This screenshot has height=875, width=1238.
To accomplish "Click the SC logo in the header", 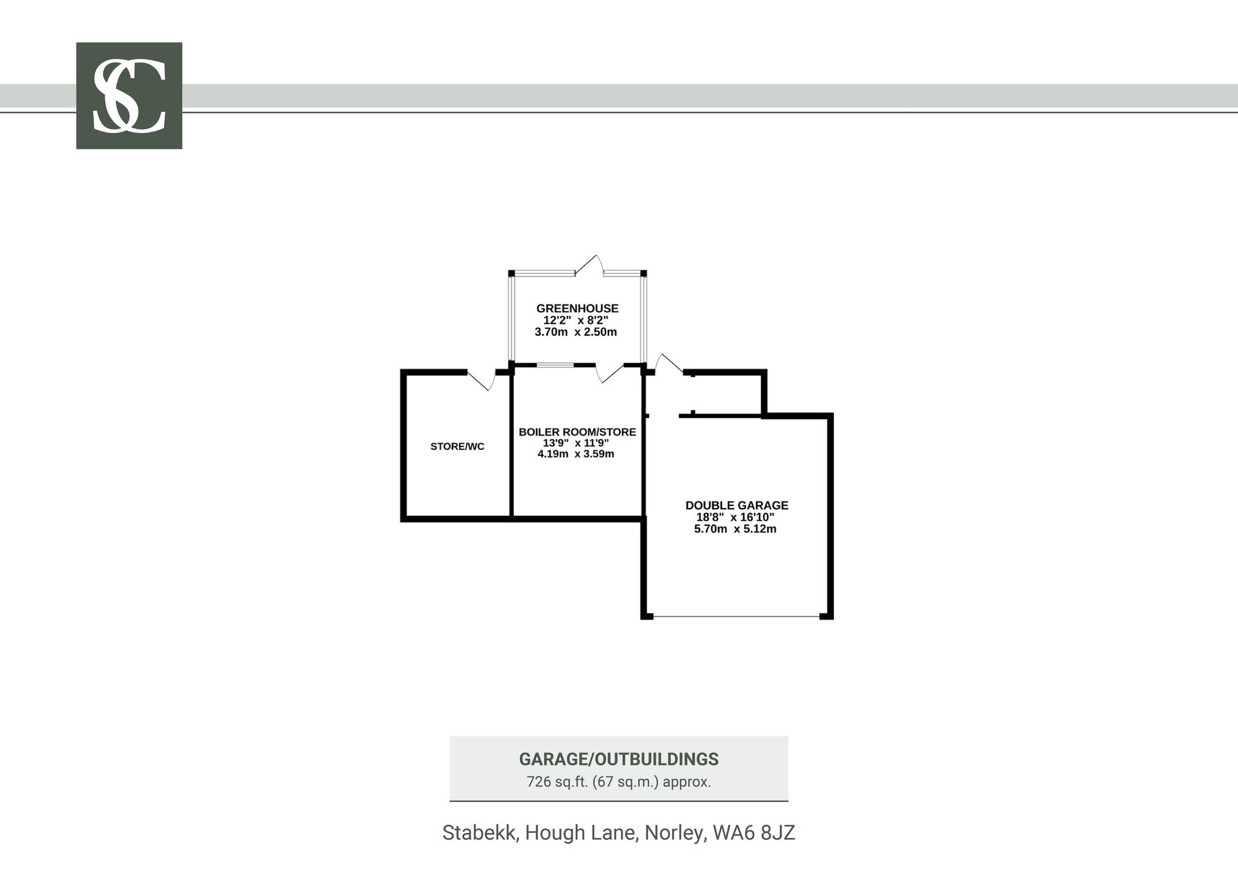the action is pos(129,96).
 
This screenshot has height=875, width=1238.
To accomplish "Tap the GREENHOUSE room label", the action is pos(577,308).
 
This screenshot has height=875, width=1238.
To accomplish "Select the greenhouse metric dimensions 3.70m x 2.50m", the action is pos(576,332).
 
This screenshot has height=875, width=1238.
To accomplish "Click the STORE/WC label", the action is pos(457,446).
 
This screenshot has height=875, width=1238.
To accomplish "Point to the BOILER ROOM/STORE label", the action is pos(577,432).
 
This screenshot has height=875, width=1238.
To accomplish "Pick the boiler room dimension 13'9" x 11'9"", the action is pos(576,443).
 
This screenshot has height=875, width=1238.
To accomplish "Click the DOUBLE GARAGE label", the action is pos(737,506).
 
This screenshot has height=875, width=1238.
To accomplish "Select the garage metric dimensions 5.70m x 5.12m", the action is pos(735,529).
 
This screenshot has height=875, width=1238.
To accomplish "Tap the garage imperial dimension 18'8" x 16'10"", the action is pos(735,517).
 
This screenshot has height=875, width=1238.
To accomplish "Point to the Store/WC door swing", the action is pos(482,379).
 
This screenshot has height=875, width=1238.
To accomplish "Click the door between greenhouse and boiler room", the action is pos(610,373).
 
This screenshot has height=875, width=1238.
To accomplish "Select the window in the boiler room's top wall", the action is pos(555,365).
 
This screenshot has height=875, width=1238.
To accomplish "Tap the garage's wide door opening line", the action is pos(737,616).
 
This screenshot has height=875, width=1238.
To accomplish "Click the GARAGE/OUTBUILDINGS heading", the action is pos(618,759).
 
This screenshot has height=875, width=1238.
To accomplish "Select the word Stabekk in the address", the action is pos(480,833).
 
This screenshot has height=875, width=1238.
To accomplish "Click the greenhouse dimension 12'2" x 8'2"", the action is pos(576,320).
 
